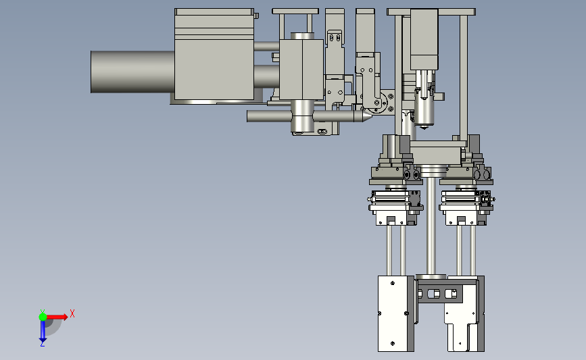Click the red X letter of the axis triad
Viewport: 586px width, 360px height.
click(x=72, y=313)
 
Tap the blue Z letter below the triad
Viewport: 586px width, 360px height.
click(x=42, y=344)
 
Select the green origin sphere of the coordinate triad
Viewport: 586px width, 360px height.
click(x=43, y=317)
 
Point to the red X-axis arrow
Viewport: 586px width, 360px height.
click(x=57, y=317)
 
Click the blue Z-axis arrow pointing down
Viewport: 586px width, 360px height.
click(x=43, y=331)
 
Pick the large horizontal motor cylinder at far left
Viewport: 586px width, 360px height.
click(x=132, y=72)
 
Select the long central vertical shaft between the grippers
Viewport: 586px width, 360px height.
click(x=431, y=227)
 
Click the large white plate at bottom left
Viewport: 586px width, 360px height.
click(x=393, y=313)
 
